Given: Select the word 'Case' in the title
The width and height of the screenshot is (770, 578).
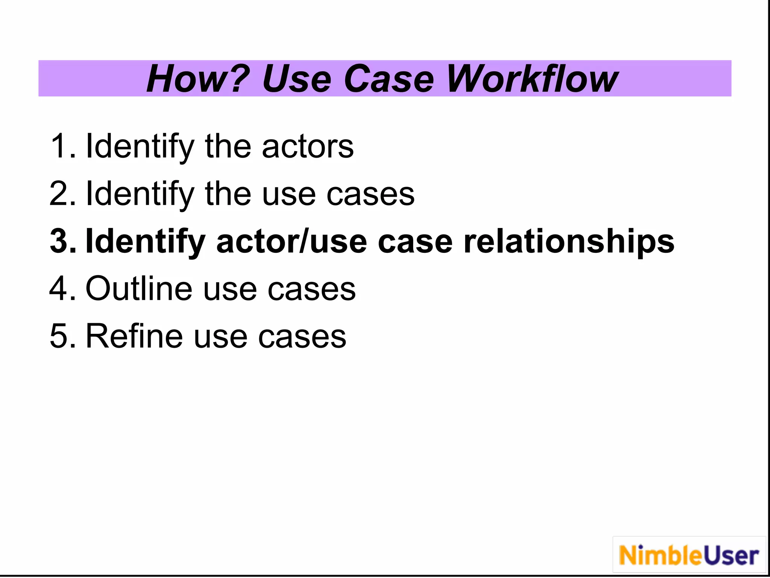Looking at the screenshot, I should [x=389, y=79].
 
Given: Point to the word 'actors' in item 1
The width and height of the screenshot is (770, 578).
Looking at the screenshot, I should [x=308, y=146].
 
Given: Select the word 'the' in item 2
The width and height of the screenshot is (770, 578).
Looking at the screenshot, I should [x=228, y=194].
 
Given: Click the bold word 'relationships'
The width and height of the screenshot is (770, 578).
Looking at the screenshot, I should [x=569, y=241].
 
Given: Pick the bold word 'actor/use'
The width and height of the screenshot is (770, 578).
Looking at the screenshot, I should [x=291, y=241].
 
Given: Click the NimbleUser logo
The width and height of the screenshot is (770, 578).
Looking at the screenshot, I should [x=689, y=555].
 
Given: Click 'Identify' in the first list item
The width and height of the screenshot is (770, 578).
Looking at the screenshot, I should [x=140, y=146].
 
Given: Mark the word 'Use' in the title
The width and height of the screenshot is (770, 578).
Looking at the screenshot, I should [x=296, y=79].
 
